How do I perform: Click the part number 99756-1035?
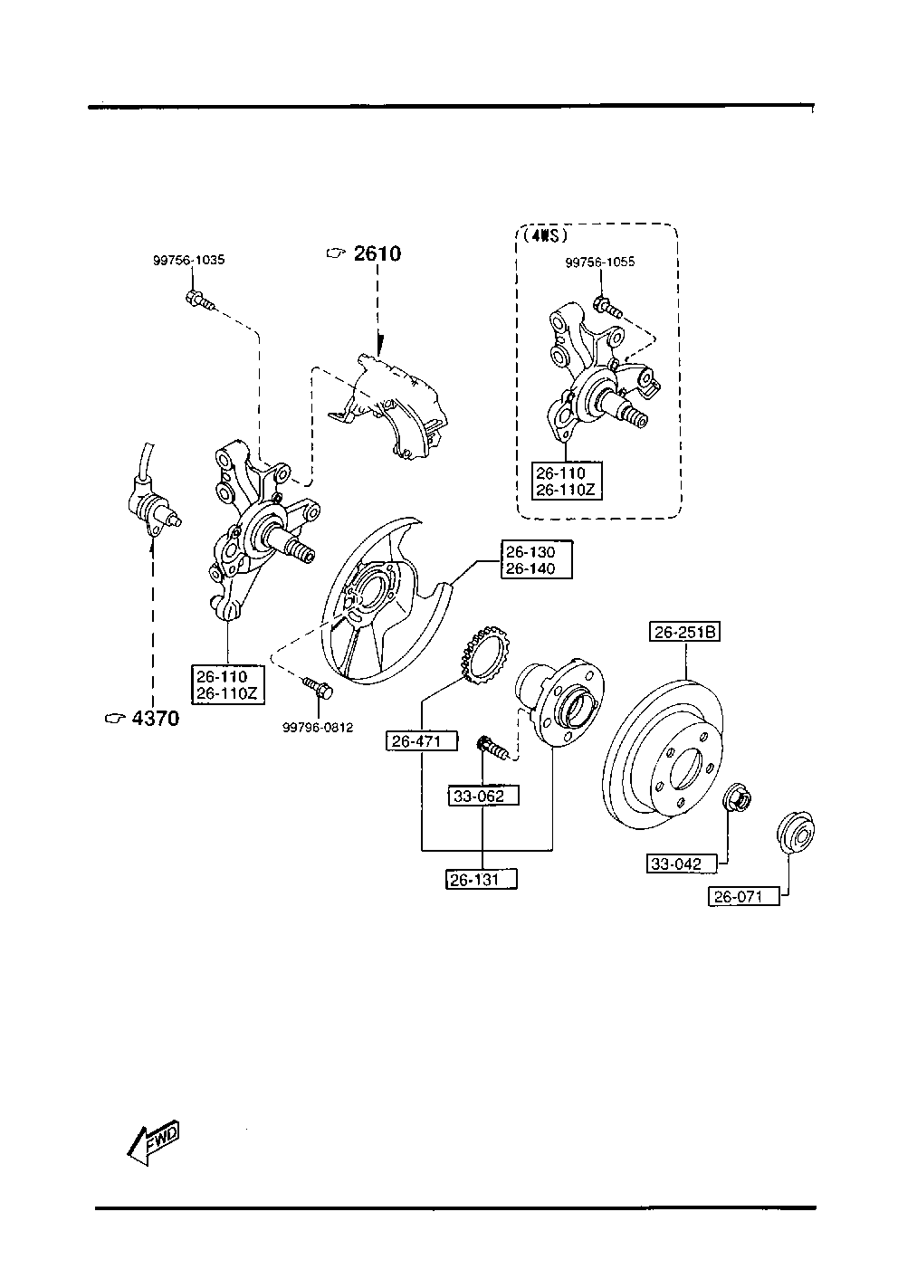tap(188, 260)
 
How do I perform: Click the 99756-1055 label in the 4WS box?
tap(600, 262)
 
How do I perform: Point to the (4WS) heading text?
tap(545, 235)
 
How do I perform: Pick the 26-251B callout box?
tap(684, 632)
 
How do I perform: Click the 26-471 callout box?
tap(422, 741)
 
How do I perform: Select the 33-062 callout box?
tap(483, 796)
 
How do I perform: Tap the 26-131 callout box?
tap(481, 880)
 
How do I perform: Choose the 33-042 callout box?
tap(682, 863)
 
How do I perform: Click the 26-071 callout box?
tap(744, 897)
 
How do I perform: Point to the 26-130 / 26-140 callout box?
tap(537, 559)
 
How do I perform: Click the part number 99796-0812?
tap(318, 728)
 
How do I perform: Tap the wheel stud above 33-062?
tap(492, 748)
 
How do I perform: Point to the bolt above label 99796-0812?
tap(318, 687)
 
